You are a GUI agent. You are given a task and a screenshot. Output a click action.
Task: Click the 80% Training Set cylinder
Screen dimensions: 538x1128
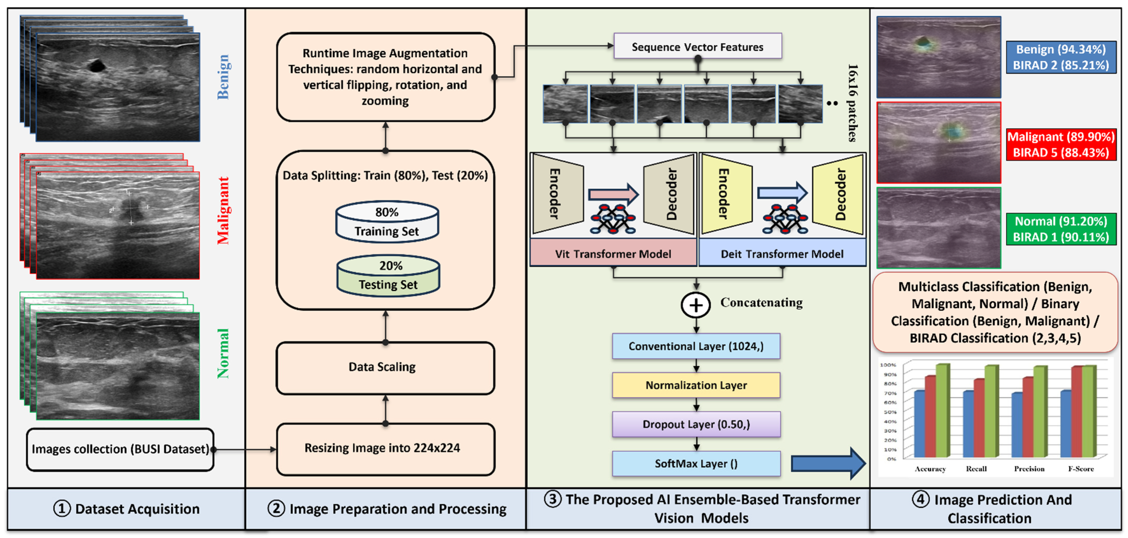click(x=387, y=222)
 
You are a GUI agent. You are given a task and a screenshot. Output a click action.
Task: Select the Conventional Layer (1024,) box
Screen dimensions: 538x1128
click(x=696, y=346)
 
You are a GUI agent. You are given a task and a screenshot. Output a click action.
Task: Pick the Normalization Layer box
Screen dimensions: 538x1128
click(x=696, y=385)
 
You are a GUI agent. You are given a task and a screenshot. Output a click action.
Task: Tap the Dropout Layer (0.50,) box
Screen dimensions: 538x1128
click(x=696, y=424)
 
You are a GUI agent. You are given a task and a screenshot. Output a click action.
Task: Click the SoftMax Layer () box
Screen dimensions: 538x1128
click(x=696, y=464)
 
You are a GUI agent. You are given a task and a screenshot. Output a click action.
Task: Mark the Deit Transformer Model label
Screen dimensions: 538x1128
click(x=782, y=254)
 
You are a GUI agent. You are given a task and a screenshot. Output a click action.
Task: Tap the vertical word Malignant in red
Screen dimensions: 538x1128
click(x=224, y=210)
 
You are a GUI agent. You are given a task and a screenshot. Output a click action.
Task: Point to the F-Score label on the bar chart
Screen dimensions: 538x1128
click(x=1080, y=469)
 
